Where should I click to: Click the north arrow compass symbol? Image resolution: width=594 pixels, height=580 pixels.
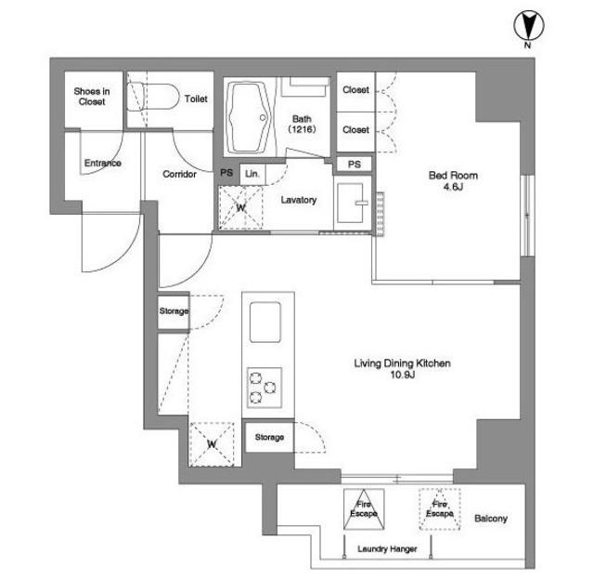point(528,26)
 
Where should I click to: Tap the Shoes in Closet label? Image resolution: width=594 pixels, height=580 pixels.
point(92,97)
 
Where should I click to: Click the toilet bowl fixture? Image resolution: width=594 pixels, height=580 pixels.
point(152,97)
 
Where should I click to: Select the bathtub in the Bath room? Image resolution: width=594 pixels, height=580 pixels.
point(250,117)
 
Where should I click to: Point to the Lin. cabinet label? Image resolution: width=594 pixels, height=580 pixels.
point(252,174)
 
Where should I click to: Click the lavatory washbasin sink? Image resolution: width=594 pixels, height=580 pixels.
point(351,203)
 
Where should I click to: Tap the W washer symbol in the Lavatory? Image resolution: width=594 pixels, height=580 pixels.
point(240,207)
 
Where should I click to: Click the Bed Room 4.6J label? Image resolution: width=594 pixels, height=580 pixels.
point(453,180)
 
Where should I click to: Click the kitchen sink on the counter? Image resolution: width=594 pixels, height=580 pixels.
point(265,322)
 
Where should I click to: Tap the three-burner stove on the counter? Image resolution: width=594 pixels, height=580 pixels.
point(265,388)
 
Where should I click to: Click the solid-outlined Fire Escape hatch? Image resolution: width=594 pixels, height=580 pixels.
point(364,508)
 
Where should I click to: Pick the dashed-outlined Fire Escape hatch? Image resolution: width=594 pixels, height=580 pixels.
point(439,508)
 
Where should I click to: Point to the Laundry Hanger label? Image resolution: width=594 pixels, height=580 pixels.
point(387,549)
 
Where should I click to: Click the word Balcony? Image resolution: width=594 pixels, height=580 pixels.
point(491,518)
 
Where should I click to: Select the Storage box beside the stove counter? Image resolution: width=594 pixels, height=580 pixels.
point(269,437)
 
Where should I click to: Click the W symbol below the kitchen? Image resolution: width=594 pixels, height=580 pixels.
point(212,443)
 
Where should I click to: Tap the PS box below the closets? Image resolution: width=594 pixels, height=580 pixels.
point(355,165)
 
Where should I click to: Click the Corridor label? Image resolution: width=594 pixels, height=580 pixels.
point(179,174)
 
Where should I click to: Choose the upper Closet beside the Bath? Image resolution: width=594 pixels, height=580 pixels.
point(355,91)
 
